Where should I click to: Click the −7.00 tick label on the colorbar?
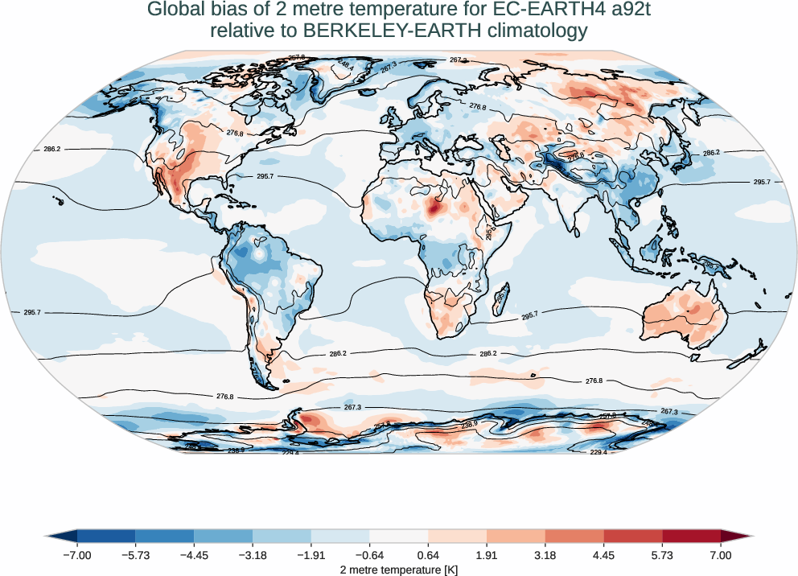77,555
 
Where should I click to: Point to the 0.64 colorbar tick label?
428,555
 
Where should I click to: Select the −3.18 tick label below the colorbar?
253,555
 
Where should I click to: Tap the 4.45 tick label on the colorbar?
603,555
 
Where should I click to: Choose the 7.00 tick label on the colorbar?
721,555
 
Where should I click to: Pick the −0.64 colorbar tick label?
369,555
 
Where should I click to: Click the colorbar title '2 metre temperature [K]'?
399,569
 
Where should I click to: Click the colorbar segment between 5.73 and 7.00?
691,536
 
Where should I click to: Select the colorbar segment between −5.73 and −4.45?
165,536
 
